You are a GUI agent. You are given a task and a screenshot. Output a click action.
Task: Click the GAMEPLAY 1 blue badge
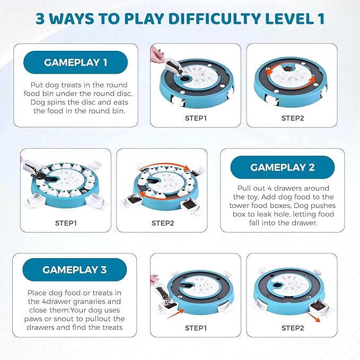[75, 62]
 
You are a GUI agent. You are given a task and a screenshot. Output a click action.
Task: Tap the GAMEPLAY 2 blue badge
[283, 167]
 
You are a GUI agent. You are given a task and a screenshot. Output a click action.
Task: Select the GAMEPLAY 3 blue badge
[74, 270]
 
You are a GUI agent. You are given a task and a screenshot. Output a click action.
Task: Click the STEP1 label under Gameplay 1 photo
[196, 118]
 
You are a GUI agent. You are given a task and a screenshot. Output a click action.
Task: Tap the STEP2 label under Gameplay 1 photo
[293, 118]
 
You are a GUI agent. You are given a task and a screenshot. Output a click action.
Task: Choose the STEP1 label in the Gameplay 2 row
[66, 223]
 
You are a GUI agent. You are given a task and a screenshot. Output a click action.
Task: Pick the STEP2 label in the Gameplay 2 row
[163, 223]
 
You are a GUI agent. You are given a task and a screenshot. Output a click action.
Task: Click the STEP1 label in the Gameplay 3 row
[196, 328]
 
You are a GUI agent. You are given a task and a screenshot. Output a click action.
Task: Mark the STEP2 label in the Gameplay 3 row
[293, 328]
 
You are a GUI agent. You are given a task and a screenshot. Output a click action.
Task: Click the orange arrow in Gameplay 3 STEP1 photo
[175, 314]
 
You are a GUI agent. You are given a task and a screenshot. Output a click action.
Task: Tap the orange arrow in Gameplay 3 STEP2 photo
[314, 317]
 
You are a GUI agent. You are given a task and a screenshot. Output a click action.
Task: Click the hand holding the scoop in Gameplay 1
[157, 55]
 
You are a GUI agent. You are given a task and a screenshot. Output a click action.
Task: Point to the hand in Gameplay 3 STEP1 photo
[154, 280]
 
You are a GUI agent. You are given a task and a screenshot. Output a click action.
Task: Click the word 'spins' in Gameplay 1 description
[56, 102]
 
